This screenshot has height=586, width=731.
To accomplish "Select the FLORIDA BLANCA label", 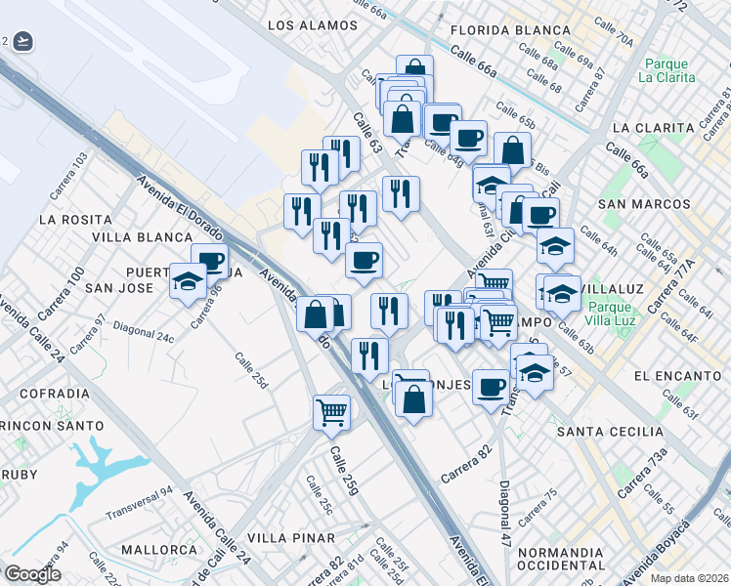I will [510, 29].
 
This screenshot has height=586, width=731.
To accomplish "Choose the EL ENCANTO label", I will [676, 375].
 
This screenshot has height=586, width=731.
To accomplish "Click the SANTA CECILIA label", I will [610, 432].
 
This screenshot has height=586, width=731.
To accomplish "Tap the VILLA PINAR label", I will [285, 538].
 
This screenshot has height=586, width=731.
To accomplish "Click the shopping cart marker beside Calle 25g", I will [331, 412].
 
